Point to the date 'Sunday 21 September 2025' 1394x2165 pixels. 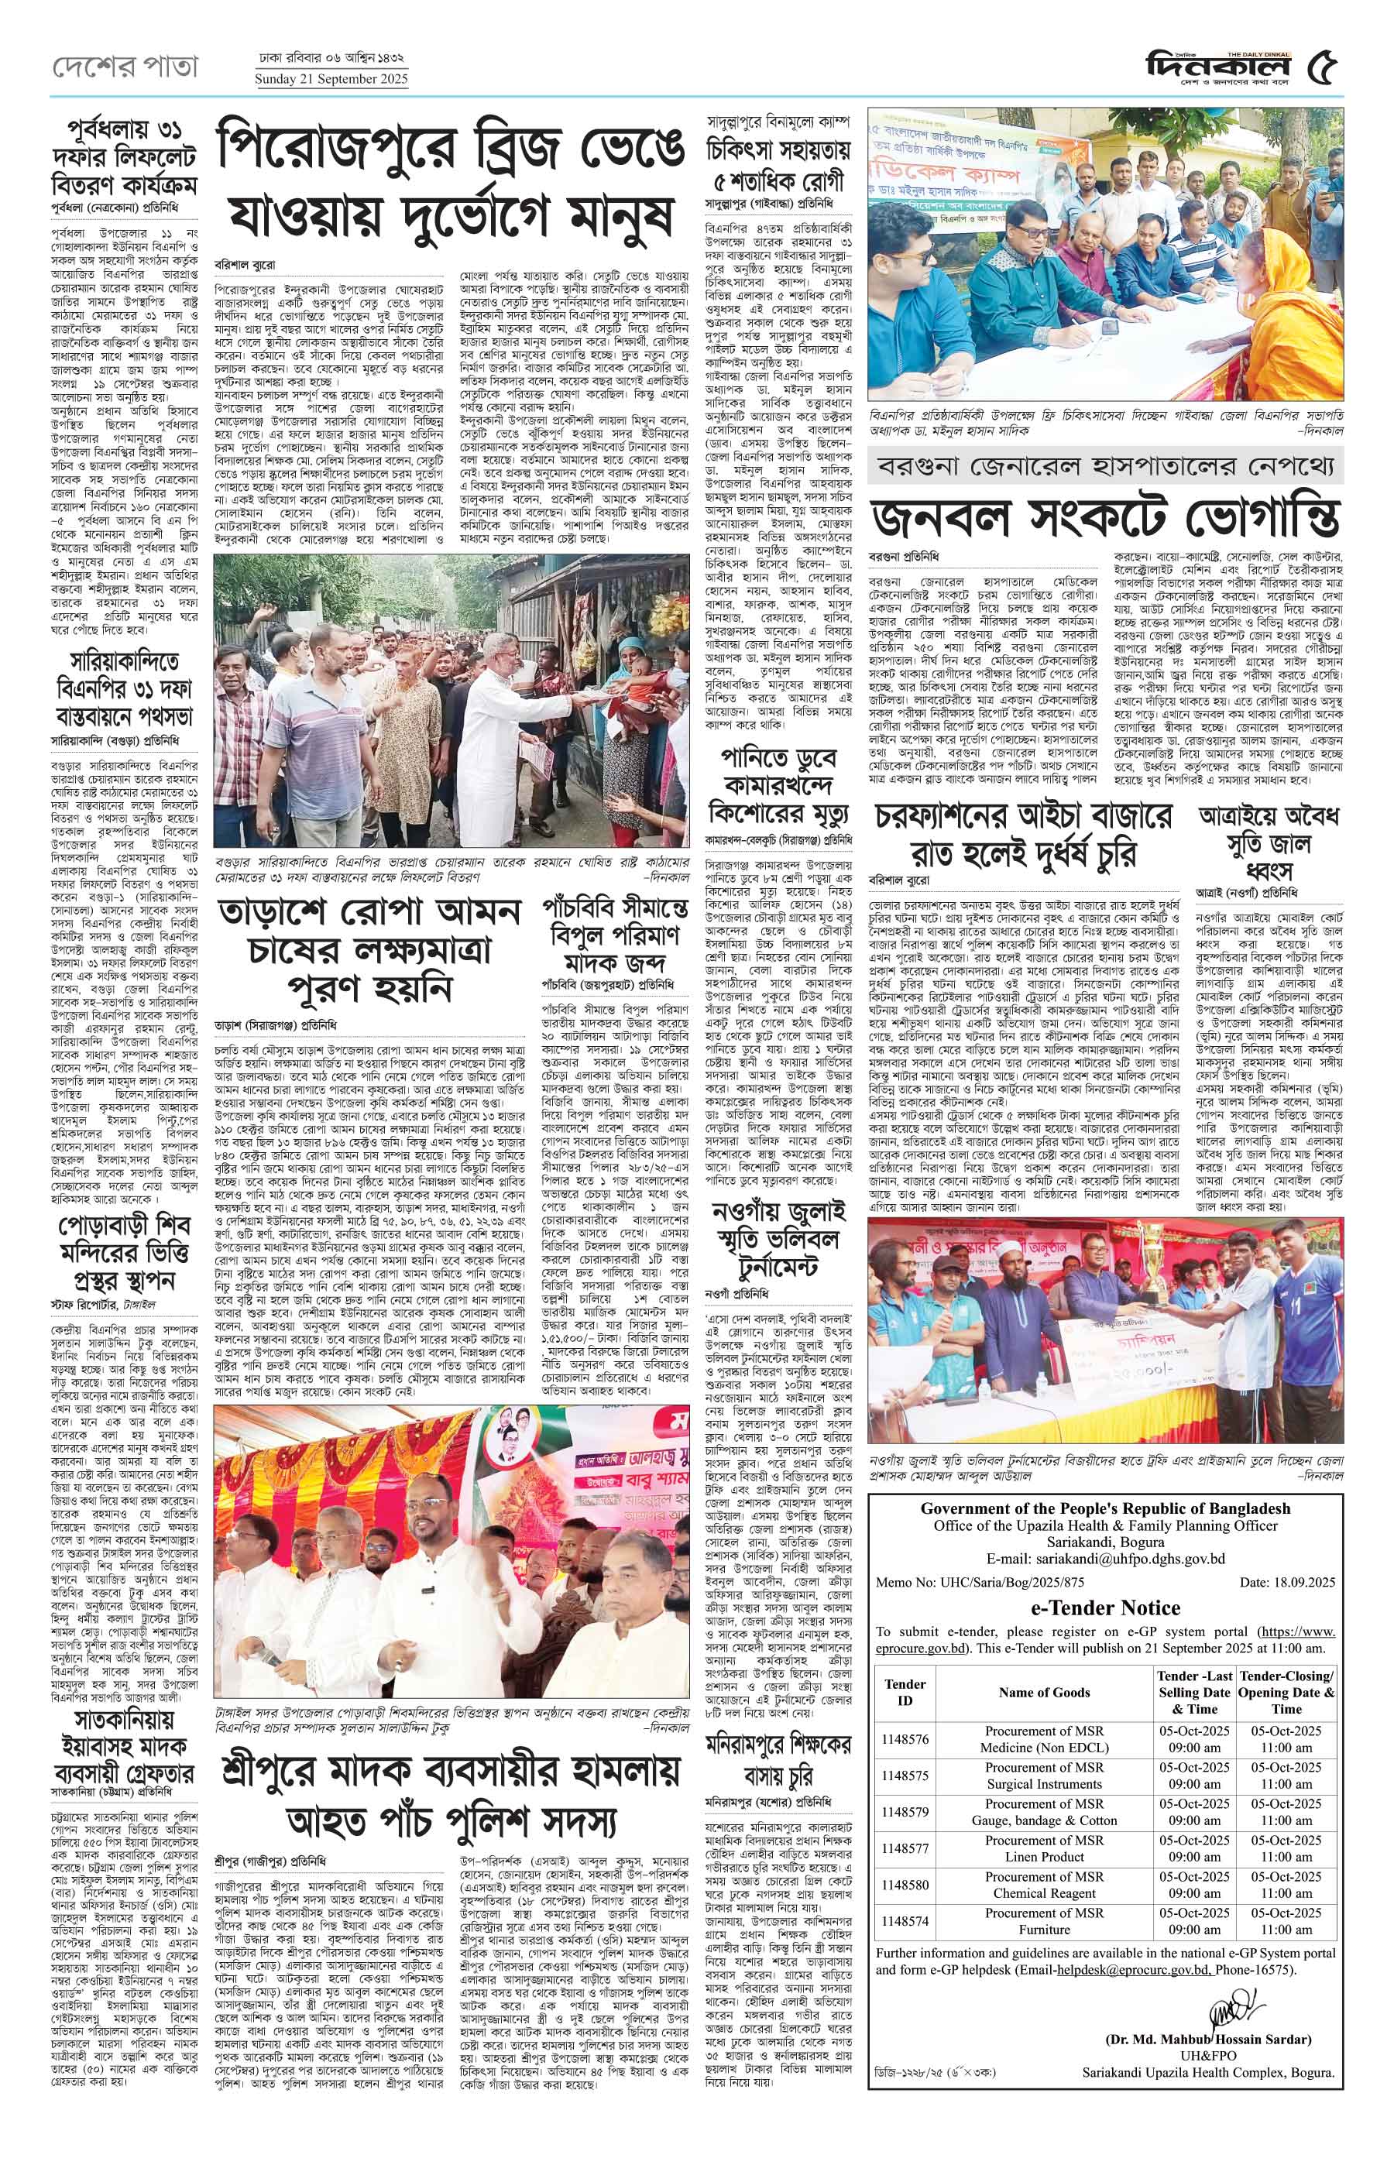pyautogui.click(x=331, y=79)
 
